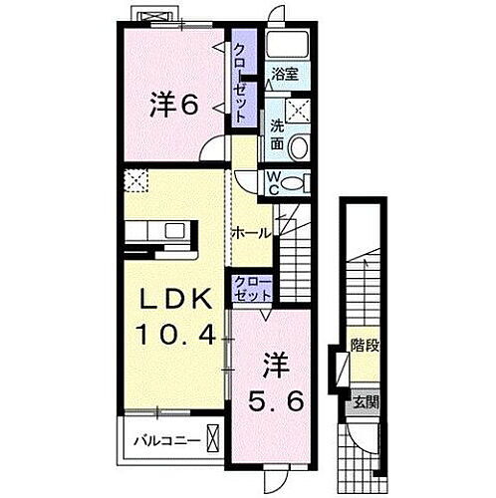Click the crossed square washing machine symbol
pos(299,111)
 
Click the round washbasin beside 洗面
pos(303,146)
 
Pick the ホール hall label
pos(250,232)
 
